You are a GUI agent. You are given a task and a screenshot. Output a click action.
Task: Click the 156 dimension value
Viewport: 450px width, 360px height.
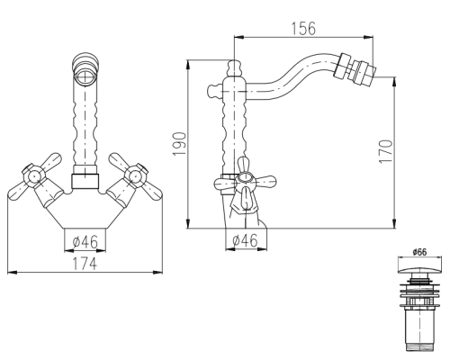pos(303,29)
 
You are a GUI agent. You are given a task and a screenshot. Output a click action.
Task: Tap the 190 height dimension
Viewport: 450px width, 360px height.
pos(179,144)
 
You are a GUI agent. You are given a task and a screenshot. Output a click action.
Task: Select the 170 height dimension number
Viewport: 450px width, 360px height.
pos(386,151)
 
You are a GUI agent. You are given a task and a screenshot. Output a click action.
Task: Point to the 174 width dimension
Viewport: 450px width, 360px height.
pos(85,264)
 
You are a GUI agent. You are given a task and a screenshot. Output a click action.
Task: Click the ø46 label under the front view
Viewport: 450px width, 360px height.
pos(85,241)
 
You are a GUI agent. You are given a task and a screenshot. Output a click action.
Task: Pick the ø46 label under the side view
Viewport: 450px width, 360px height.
pos(245,240)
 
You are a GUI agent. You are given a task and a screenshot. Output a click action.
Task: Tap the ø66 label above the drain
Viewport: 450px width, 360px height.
pos(419,252)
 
